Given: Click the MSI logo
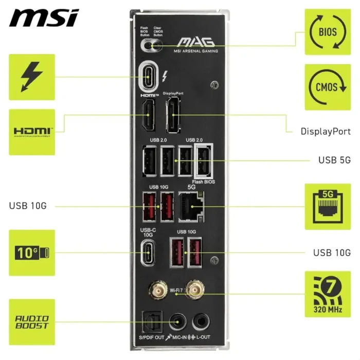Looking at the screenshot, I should pos(44,19).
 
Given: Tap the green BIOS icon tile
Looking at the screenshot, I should pos(328,31).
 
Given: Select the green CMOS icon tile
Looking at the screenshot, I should pos(328,87).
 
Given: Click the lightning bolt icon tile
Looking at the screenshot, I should pos(32,77).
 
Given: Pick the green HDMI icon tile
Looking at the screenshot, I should pos(32,132).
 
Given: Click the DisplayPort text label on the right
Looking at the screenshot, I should pos(326,131).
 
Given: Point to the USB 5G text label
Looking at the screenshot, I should pos(334,160).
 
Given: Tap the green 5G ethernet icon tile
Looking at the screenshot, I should pos(328,206).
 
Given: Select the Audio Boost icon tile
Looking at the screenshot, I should pos(32,322).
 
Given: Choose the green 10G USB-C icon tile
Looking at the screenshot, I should pos(32,253).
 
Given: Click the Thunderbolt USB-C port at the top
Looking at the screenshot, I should pos(147,78).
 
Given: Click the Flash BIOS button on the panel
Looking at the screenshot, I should pos(149,46).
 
